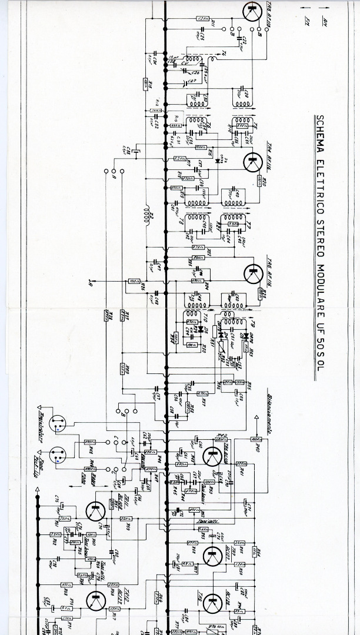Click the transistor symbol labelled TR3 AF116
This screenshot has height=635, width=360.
pyautogui.click(x=252, y=12)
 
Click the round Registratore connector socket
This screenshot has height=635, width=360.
pyautogui.click(x=57, y=424)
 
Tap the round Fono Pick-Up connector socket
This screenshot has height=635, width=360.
pyautogui.click(x=57, y=456)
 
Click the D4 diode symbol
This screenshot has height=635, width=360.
pyautogui.click(x=218, y=160)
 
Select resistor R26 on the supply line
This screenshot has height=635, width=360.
pyautogui.click(x=135, y=282)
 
